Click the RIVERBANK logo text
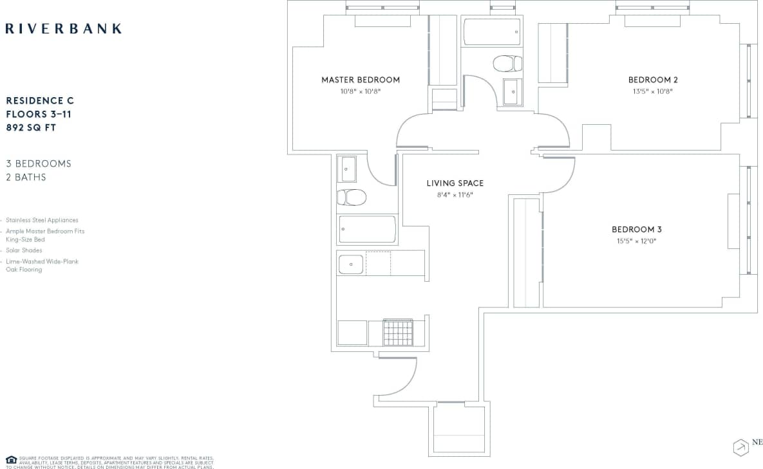(x=63, y=28)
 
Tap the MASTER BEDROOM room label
(x=361, y=80)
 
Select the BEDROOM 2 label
(x=653, y=80)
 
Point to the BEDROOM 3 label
(x=636, y=230)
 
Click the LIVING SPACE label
(x=455, y=183)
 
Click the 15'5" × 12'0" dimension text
(x=636, y=241)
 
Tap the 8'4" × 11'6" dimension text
(x=455, y=195)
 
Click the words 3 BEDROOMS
(x=39, y=163)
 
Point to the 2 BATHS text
(x=26, y=178)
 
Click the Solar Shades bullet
(x=24, y=250)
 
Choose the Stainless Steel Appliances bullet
(x=42, y=220)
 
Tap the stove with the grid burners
(x=398, y=332)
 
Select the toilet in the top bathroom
(x=507, y=63)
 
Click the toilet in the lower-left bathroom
(x=352, y=197)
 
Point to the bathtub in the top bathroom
(x=491, y=31)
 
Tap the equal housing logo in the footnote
(x=11, y=459)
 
